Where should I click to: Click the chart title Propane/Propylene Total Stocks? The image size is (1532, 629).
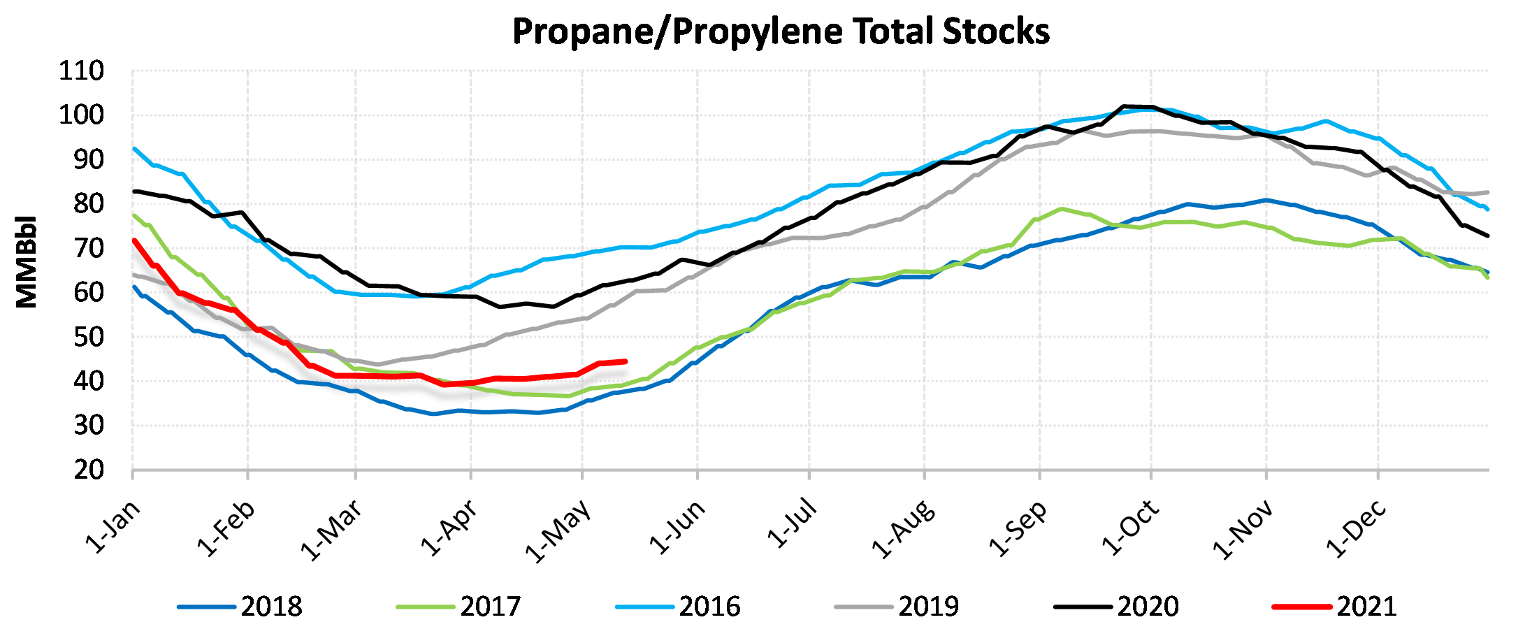tap(781, 31)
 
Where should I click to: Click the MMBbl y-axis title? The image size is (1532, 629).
tap(27, 262)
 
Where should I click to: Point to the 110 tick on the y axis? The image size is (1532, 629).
tap(81, 71)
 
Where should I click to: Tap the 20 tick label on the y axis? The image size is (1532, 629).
tap(89, 470)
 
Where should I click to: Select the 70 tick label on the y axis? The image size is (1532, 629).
tap(89, 248)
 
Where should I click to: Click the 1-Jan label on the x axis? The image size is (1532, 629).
tap(113, 527)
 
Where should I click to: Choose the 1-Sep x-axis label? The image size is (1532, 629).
tap(1018, 528)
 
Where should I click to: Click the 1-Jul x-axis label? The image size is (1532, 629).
tap(792, 523)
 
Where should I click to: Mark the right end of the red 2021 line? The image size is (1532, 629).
tap(625, 361)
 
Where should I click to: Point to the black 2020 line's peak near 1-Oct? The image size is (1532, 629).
tap(1124, 107)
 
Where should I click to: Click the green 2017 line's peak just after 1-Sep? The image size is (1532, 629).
tap(1062, 209)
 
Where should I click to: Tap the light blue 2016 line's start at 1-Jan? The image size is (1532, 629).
tap(133, 148)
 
